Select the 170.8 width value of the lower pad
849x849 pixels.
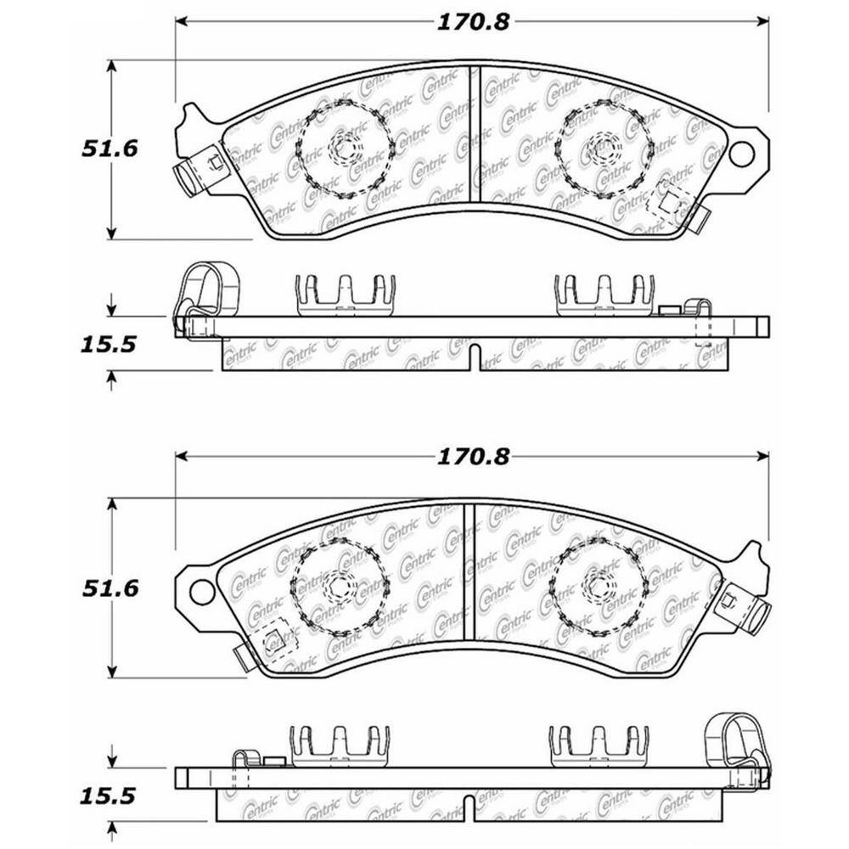pyautogui.click(x=473, y=457)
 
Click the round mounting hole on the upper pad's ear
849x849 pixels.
pyautogui.click(x=740, y=154)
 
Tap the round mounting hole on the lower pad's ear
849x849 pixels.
pyautogui.click(x=202, y=593)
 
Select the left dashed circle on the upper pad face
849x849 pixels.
pyautogui.click(x=344, y=149)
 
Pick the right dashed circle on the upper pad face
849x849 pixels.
pyautogui.click(x=604, y=149)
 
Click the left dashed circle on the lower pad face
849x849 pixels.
pyautogui.click(x=340, y=586)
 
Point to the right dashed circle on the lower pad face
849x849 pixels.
pyautogui.click(x=599, y=586)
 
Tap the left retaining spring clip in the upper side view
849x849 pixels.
pyautogui.click(x=345, y=295)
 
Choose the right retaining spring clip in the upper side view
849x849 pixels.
pyautogui.click(x=604, y=295)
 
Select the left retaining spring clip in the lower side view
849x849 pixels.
pyautogui.click(x=340, y=746)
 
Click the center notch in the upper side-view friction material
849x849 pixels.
pyautogui.click(x=475, y=357)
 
